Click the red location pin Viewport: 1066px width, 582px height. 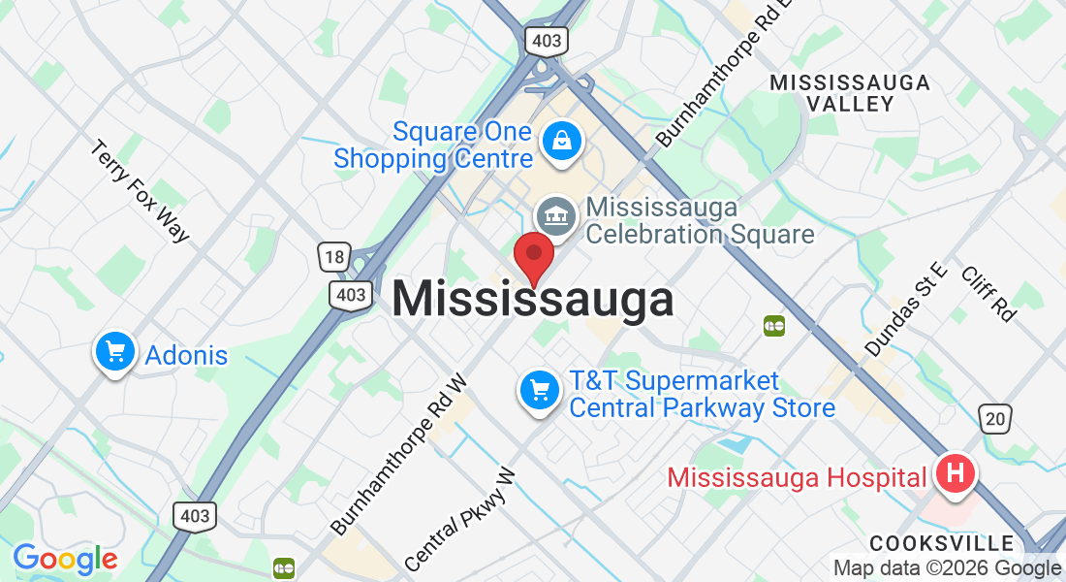(x=533, y=255)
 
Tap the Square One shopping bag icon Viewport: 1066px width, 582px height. (x=561, y=141)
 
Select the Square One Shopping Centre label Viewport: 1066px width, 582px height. (x=434, y=145)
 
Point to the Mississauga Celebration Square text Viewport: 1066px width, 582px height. (x=700, y=221)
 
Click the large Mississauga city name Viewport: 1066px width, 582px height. (x=533, y=300)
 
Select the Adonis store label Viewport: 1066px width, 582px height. (x=186, y=356)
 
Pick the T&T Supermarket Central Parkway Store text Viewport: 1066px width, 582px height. (x=702, y=395)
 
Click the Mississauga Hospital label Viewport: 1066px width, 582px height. (x=797, y=477)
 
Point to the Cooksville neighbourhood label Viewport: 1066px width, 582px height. (x=941, y=542)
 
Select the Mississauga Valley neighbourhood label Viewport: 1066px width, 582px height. (x=850, y=93)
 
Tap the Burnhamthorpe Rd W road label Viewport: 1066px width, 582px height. (x=399, y=455)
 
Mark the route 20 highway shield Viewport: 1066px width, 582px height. (x=995, y=418)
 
